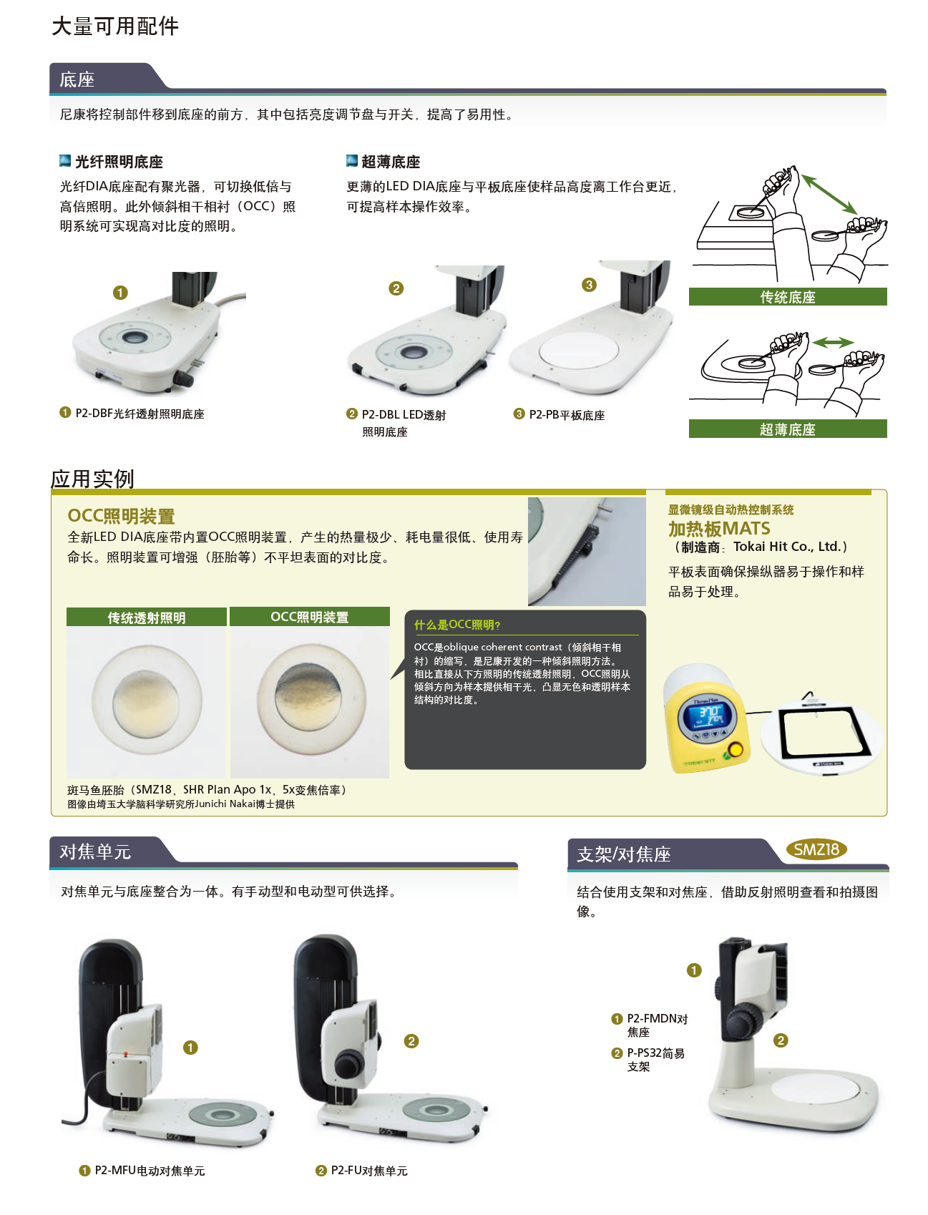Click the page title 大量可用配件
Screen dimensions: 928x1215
click(115, 26)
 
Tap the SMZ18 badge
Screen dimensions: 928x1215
click(816, 849)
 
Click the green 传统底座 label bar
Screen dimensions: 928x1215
click(788, 297)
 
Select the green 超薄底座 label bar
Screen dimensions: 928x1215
click(788, 429)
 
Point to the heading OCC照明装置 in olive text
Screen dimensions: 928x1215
click(121, 516)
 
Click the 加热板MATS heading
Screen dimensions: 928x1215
click(719, 529)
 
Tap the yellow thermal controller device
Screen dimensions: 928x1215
click(706, 719)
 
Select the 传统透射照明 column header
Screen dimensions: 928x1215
click(147, 617)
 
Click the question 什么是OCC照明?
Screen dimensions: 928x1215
click(457, 625)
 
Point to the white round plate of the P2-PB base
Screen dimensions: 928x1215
click(579, 350)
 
